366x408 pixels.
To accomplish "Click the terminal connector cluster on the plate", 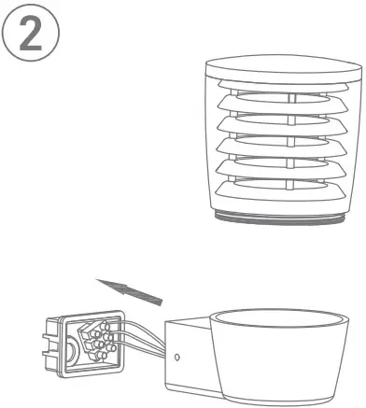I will [x=97, y=344].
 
